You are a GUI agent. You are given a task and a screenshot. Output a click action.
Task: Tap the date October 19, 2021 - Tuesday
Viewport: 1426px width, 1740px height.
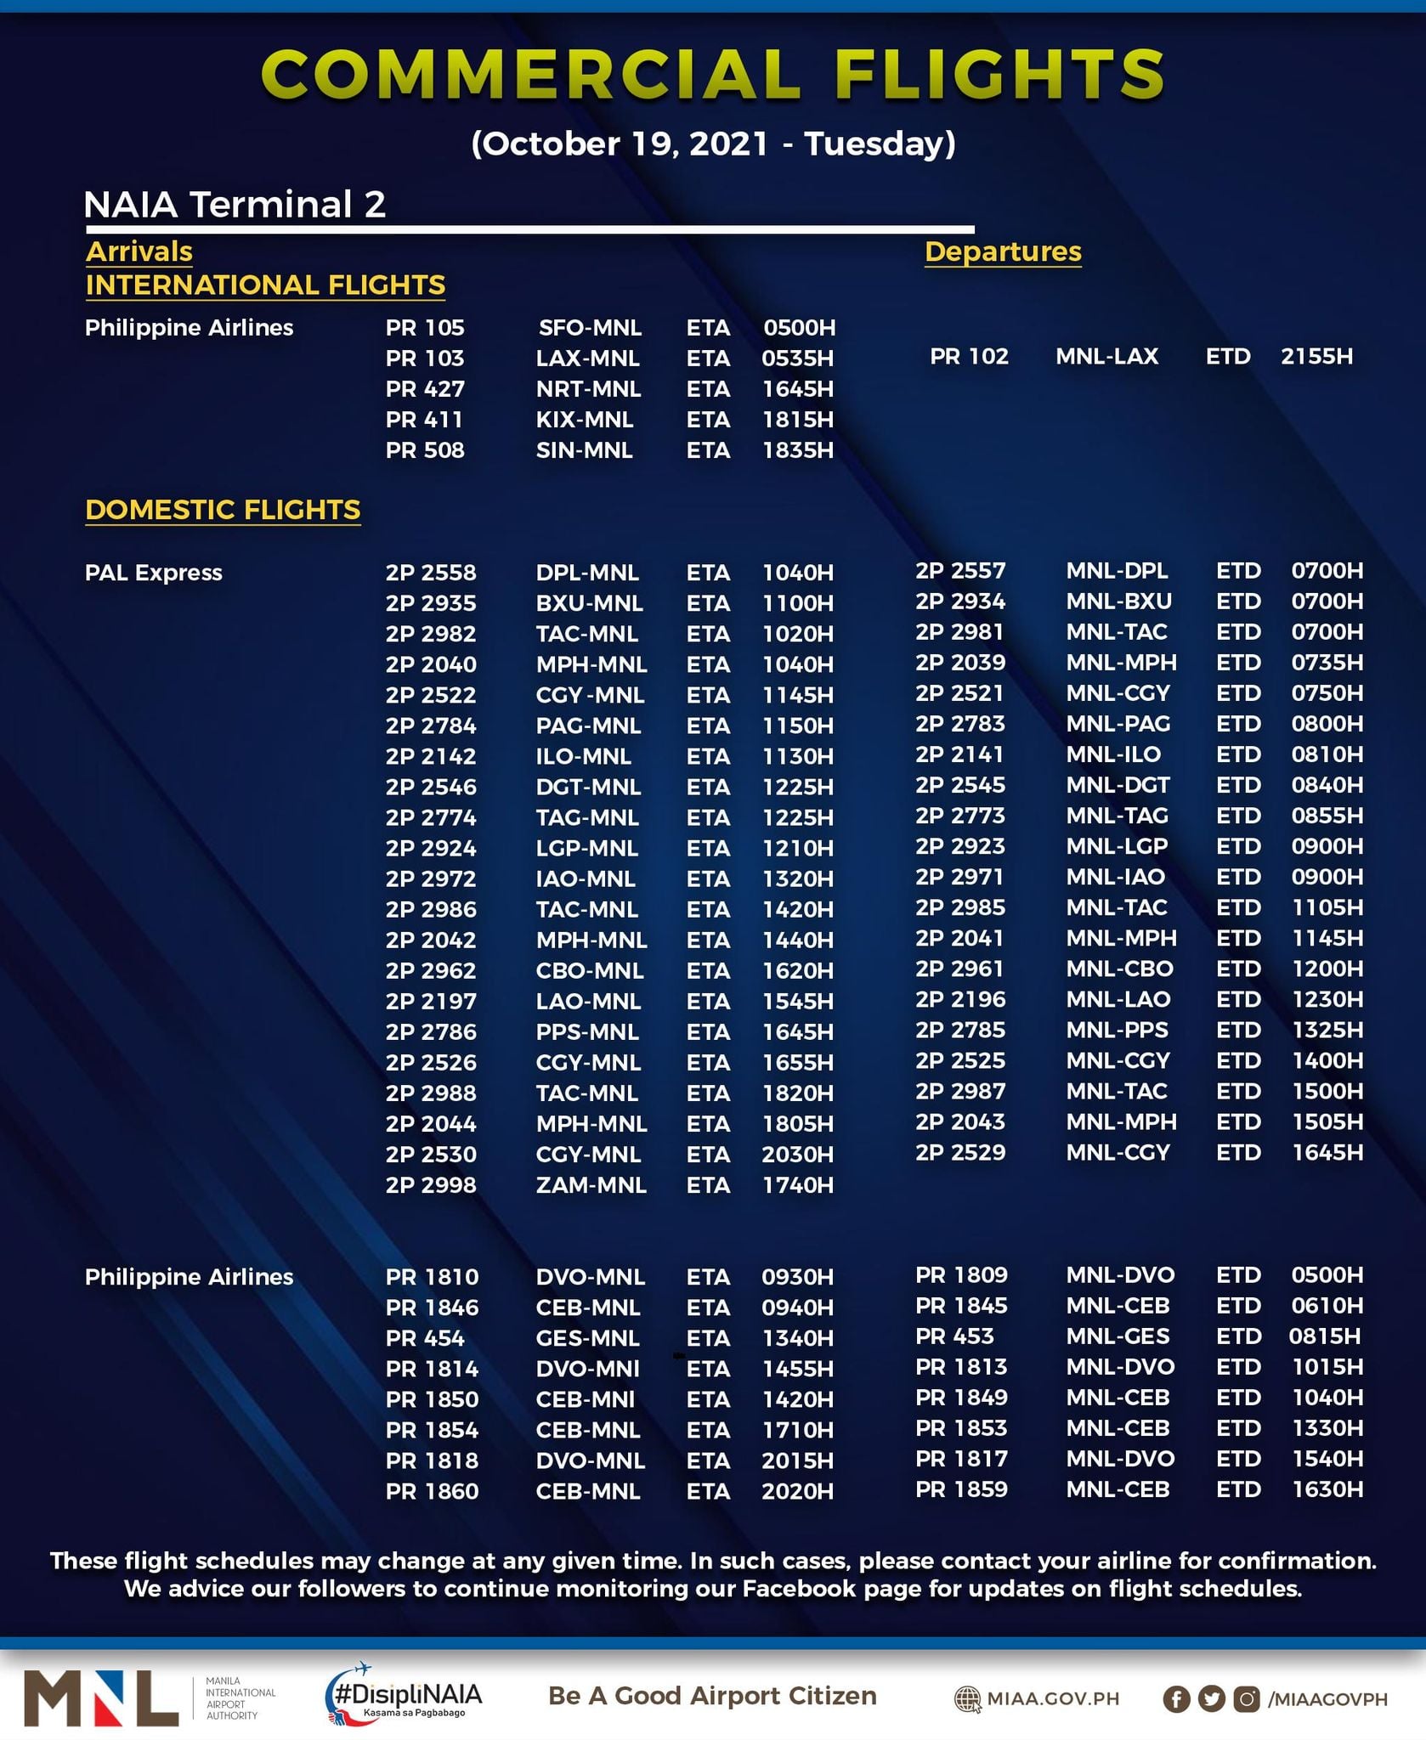(713, 144)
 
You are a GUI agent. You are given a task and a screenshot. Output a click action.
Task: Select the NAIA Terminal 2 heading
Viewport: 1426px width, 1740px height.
(235, 205)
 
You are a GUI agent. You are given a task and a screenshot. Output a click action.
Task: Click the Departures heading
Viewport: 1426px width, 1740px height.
(1003, 251)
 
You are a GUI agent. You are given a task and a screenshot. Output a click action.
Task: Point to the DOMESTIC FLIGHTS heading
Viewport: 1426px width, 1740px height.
(223, 510)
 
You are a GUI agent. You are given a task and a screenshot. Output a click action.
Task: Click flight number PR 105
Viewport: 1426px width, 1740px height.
(425, 328)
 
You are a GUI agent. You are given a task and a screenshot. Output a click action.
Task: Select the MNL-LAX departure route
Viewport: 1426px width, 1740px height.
(1106, 356)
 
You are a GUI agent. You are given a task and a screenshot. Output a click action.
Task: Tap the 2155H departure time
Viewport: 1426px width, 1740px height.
(1316, 356)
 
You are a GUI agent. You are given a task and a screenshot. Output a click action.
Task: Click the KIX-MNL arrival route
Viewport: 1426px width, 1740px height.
(584, 420)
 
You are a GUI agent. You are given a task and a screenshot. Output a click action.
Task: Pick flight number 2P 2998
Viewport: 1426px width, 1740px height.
(431, 1185)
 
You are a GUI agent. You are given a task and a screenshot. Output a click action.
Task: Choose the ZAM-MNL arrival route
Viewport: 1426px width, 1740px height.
(591, 1185)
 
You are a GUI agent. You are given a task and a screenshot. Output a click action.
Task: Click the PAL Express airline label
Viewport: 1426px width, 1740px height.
(154, 573)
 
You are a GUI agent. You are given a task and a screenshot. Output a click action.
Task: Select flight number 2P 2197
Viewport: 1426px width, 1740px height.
(431, 1002)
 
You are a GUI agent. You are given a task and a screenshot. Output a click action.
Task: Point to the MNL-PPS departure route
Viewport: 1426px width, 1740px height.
(1117, 1031)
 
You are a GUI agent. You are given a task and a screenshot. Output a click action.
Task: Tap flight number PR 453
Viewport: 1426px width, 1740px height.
(954, 1336)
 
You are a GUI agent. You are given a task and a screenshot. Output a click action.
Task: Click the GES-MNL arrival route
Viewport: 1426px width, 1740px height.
(587, 1338)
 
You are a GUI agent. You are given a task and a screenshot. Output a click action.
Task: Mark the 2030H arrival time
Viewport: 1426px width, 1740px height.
(797, 1155)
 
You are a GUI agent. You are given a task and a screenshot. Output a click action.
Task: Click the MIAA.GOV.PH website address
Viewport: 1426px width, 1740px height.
(1052, 1698)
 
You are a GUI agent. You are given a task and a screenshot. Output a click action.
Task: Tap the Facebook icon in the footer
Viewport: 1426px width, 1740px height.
(1176, 1698)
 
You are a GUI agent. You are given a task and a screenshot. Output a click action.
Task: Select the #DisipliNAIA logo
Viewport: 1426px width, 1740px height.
(405, 1694)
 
